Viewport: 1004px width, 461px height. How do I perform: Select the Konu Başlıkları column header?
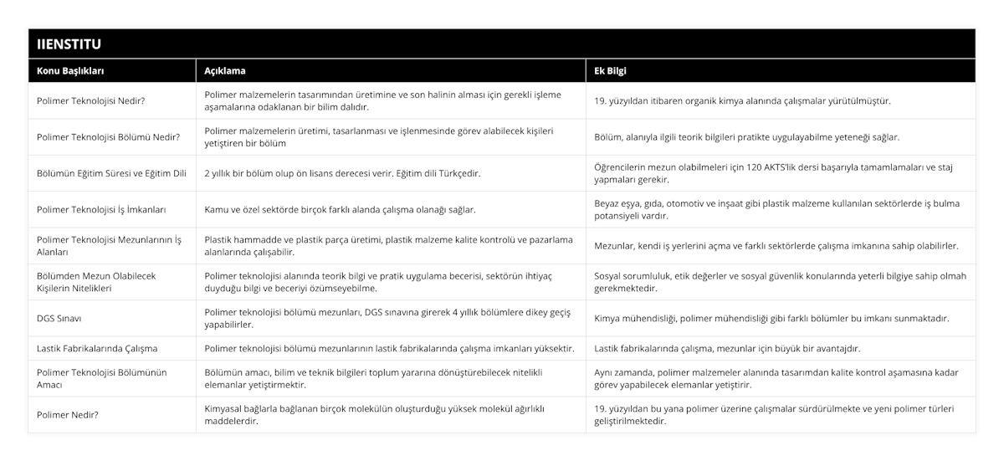pos(70,71)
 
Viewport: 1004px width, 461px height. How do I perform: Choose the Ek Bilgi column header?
pos(611,71)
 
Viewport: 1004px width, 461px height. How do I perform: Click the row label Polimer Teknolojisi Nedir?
pos(91,100)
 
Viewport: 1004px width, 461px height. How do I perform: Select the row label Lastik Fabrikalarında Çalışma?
pos(97,348)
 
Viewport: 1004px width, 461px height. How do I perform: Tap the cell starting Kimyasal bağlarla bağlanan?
pos(374,414)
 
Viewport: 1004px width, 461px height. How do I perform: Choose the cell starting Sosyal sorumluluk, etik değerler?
pos(780,282)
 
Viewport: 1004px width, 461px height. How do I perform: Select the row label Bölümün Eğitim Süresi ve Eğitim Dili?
pos(111,172)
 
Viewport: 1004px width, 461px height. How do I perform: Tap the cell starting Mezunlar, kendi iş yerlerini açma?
pos(776,246)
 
